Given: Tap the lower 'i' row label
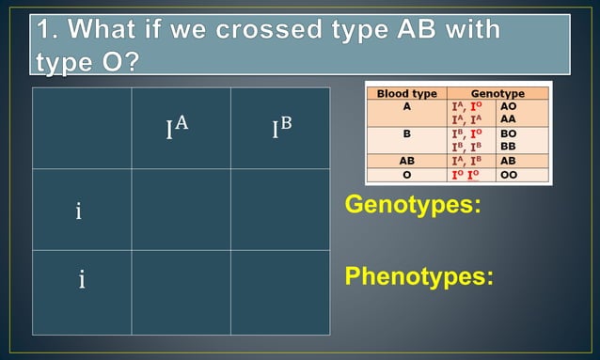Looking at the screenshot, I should click(83, 278).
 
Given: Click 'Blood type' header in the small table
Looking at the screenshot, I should click(406, 94).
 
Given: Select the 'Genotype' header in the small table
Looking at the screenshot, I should click(497, 94).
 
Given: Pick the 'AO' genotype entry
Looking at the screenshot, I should click(508, 106).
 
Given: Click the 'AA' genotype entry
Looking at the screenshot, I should click(508, 119).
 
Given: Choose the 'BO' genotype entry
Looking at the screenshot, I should click(508, 134).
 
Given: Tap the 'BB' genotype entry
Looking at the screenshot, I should click(508, 148).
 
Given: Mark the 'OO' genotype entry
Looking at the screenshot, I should click(508, 175).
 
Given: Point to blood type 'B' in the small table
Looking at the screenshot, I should click(406, 134).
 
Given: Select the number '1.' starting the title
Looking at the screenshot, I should click(49, 30).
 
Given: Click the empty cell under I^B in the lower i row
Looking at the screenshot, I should click(279, 292).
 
